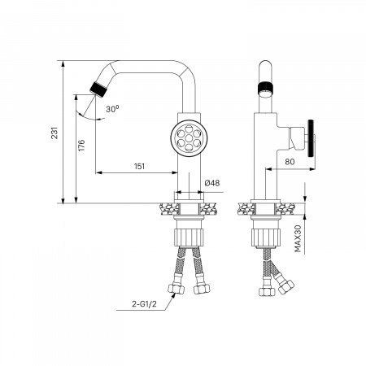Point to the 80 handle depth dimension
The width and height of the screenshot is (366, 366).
tap(289, 161)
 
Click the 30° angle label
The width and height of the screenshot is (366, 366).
tap(112, 107)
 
